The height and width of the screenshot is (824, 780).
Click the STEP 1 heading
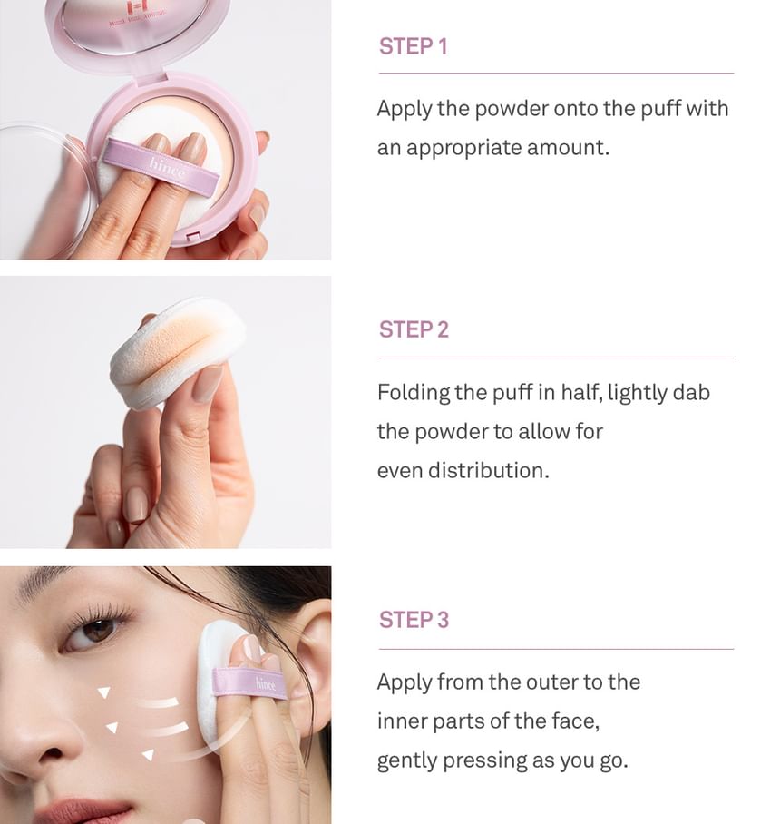[413, 46]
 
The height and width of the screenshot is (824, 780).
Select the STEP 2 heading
[414, 329]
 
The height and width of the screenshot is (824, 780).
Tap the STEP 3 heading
[414, 620]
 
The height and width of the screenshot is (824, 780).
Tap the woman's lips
[79, 811]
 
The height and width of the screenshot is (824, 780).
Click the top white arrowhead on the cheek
[104, 692]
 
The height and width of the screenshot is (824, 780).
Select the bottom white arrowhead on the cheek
[148, 755]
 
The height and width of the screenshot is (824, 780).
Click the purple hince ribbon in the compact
[161, 165]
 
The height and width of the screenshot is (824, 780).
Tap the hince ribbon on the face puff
[249, 682]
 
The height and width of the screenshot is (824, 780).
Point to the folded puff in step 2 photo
[176, 351]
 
